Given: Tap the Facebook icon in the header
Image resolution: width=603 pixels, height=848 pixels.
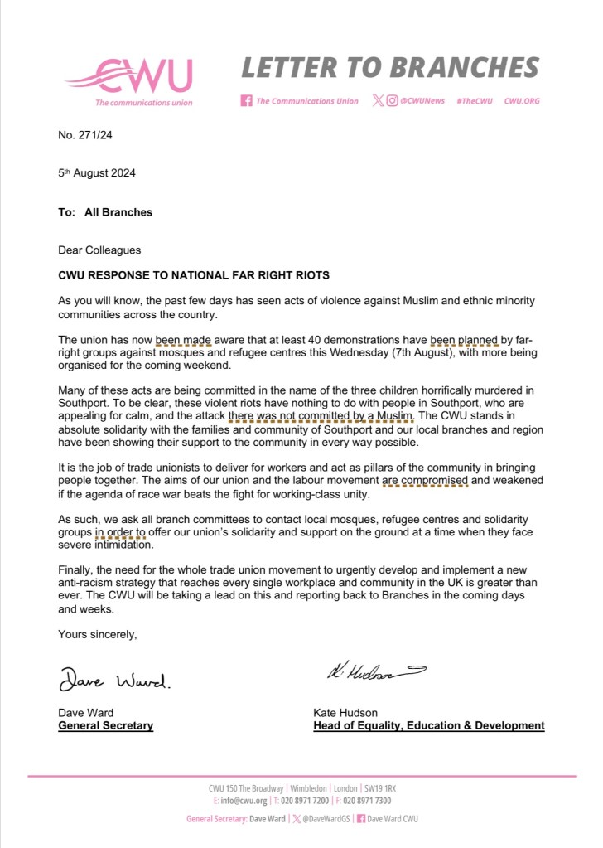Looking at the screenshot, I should pyautogui.click(x=246, y=101).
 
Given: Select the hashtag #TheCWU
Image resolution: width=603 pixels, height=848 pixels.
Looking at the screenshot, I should pyautogui.click(x=475, y=101).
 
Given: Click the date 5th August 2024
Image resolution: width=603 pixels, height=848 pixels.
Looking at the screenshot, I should pyautogui.click(x=97, y=173).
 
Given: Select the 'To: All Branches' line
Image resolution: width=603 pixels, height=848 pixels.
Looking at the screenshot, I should pyautogui.click(x=105, y=212).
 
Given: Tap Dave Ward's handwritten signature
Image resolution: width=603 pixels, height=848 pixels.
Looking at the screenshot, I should pyautogui.click(x=114, y=682).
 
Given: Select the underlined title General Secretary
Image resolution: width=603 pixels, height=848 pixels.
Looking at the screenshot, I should pyautogui.click(x=105, y=726).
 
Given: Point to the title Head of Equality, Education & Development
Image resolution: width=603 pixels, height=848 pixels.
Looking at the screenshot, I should pyautogui.click(x=428, y=726).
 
